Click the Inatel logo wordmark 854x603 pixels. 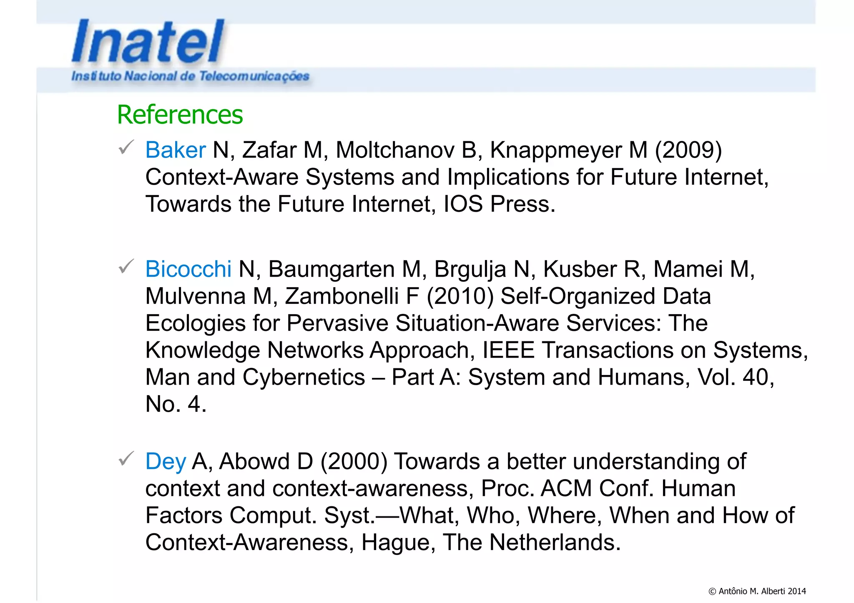pos(148,42)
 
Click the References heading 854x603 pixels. pos(180,115)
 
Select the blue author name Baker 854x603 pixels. pos(175,150)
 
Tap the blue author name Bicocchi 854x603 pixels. pos(188,269)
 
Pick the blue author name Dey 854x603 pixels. pos(165,462)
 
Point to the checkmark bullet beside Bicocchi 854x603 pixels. pos(126,266)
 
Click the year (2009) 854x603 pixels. pos(688,150)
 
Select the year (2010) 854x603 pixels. pos(460,296)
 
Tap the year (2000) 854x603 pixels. pos(354,462)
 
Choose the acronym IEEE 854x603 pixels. pos(508,350)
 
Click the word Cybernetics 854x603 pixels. pos(304,377)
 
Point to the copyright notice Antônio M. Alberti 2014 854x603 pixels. pos(757,591)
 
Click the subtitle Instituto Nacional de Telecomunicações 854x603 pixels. pos(190,76)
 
